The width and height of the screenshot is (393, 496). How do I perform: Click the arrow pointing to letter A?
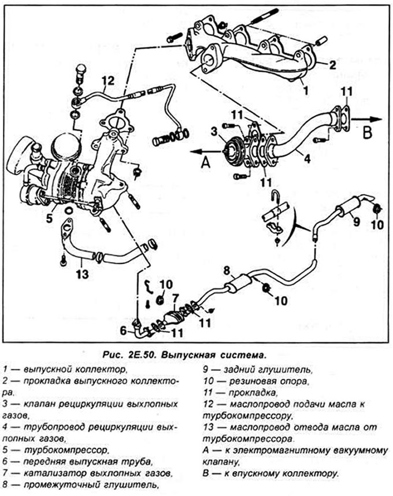click(x=206, y=152)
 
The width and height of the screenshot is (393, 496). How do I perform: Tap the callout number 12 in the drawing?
click(x=108, y=81)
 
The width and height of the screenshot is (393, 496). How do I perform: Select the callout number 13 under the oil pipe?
click(x=82, y=274)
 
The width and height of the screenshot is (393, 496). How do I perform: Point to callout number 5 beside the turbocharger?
click(x=49, y=218)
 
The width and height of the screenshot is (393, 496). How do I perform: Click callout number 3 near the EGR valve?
click(x=214, y=131)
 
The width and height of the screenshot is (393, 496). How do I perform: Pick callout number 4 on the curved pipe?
click(x=307, y=158)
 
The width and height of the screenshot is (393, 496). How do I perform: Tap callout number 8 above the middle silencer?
click(x=227, y=271)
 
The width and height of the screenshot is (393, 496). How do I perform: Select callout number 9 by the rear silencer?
click(x=357, y=221)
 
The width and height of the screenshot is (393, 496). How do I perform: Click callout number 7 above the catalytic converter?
click(x=176, y=298)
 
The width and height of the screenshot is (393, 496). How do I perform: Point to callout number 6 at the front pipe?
click(x=124, y=331)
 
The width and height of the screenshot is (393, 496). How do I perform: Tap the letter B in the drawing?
click(x=367, y=133)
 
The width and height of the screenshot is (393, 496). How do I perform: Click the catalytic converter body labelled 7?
click(x=175, y=317)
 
